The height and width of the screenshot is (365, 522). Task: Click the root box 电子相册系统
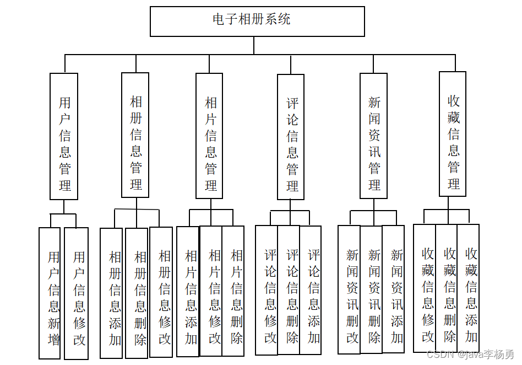(257, 21)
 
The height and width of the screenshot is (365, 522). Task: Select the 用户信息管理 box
(64, 136)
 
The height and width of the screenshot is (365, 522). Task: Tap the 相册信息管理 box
(135, 135)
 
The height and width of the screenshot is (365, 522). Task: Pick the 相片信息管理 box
(210, 136)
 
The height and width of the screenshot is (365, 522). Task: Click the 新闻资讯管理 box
(373, 136)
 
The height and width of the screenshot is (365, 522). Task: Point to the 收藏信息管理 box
(452, 134)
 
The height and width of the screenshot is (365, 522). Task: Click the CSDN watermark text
(470, 355)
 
